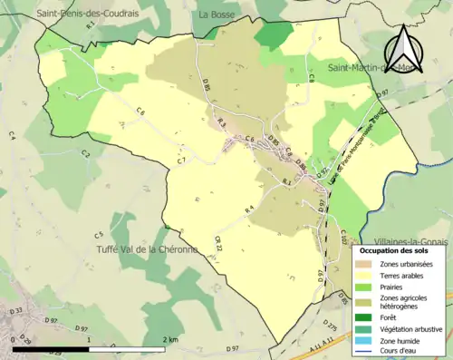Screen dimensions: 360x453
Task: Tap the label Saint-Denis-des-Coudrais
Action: tap(87, 14)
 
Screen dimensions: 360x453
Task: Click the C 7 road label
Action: tap(181, 161)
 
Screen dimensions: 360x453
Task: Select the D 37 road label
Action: tap(15, 312)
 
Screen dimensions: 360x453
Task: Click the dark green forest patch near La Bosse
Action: tap(274, 34)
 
